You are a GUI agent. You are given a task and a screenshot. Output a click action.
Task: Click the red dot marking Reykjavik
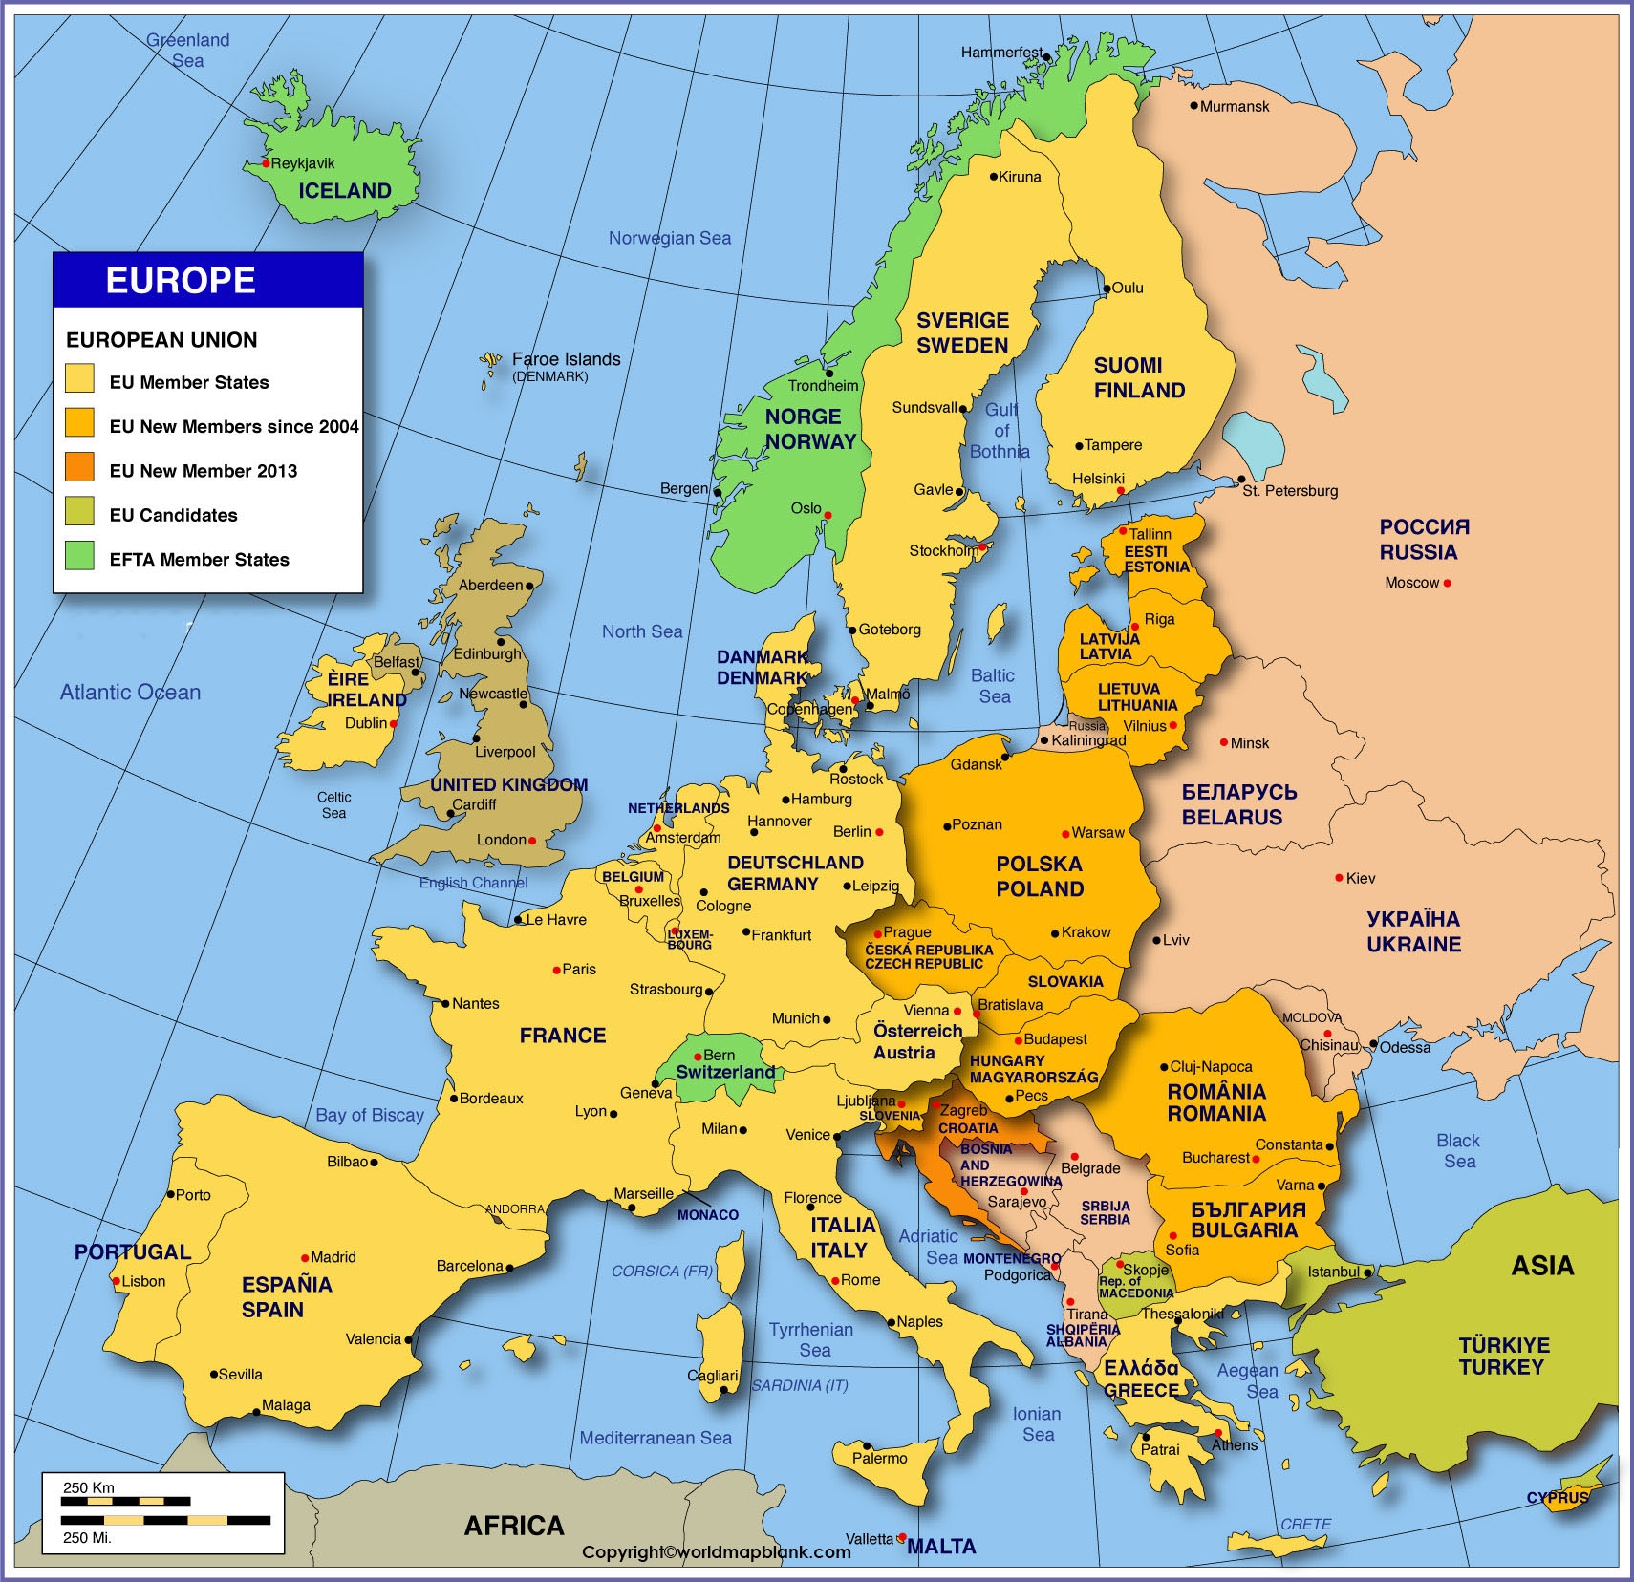coord(267,164)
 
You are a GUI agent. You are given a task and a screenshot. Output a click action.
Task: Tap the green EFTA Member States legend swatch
coord(79,555)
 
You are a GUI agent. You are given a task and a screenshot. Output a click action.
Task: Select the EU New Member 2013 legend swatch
coord(79,467)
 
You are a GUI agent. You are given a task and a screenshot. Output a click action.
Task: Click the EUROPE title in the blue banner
coord(181,281)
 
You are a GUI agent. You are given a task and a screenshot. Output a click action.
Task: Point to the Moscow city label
coord(1411,583)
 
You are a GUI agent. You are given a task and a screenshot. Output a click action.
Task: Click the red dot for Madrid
coord(305,1258)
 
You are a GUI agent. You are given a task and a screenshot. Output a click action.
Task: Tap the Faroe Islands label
coord(566,359)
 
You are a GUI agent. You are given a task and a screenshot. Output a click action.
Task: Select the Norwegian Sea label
coord(670,238)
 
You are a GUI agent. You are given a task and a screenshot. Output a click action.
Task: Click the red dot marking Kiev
coord(1339,878)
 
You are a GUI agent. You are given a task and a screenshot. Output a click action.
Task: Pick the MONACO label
coord(708,1215)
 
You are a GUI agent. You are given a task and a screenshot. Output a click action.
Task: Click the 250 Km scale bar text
coord(89,1487)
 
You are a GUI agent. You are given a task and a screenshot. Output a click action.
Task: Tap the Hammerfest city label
coord(1001,53)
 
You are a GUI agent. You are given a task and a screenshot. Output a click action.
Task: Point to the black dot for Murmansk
coord(1193,105)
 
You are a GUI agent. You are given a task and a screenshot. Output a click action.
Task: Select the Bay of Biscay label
coord(370,1115)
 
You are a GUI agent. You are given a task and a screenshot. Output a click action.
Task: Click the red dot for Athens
coord(1219,1433)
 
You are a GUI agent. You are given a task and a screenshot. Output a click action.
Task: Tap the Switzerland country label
coord(725,1072)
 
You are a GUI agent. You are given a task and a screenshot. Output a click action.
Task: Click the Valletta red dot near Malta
coord(901,1537)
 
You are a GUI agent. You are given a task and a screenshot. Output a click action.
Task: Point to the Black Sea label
coord(1458,1151)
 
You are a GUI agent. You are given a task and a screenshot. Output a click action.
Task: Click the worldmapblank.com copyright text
coord(717,1552)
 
